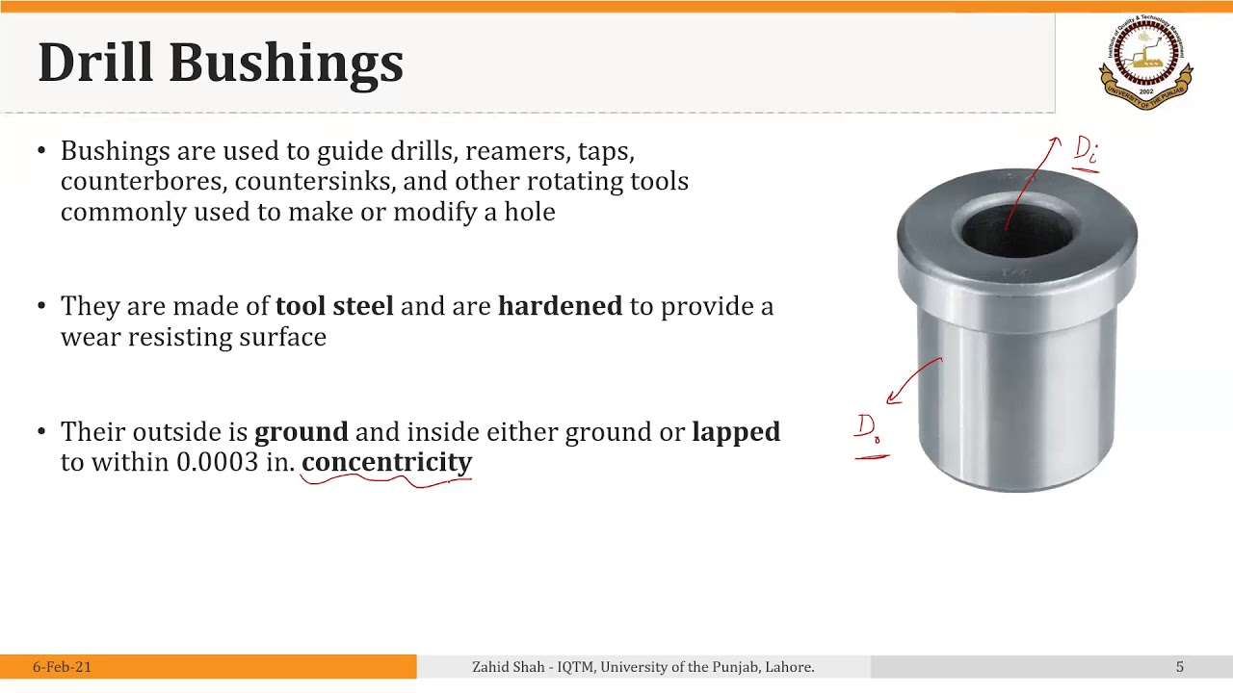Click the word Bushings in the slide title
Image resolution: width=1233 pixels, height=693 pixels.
(x=286, y=64)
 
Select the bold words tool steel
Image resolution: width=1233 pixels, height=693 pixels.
(x=334, y=306)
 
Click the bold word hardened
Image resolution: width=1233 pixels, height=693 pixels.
(x=560, y=306)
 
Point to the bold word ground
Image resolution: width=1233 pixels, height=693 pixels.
(x=301, y=432)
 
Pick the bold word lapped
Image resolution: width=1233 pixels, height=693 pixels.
(x=736, y=432)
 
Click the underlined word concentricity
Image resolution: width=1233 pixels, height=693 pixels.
(x=386, y=462)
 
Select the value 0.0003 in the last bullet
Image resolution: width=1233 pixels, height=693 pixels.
(x=217, y=462)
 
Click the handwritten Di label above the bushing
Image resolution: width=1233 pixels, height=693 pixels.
(x=1086, y=151)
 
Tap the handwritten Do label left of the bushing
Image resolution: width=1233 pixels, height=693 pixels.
(x=868, y=429)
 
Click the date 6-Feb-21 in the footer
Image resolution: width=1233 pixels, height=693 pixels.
(x=62, y=667)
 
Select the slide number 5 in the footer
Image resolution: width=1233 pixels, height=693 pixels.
(x=1179, y=667)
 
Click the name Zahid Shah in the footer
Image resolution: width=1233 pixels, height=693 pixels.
(x=508, y=667)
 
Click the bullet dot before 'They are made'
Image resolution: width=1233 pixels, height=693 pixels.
(x=41, y=307)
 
